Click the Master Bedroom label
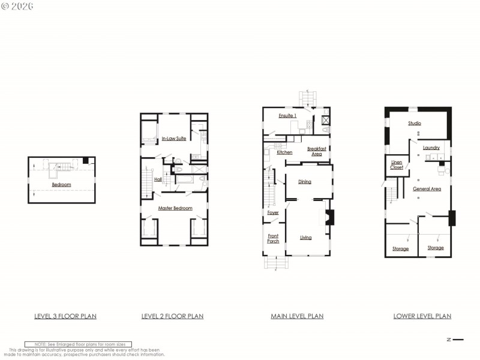(175, 208)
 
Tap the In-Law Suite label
(173, 139)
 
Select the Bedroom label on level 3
(61, 185)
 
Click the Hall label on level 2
(158, 179)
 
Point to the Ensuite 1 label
(288, 115)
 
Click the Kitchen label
(284, 152)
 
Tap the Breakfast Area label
(317, 151)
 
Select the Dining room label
(305, 181)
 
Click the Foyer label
(273, 212)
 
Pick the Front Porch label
(273, 238)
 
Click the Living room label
(306, 238)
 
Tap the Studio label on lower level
(415, 123)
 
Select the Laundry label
(431, 148)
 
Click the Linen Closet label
(397, 165)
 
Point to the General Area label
(427, 188)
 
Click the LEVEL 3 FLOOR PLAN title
(65, 316)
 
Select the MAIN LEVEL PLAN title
(297, 316)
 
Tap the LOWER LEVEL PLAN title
(422, 316)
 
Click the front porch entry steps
(276, 262)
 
